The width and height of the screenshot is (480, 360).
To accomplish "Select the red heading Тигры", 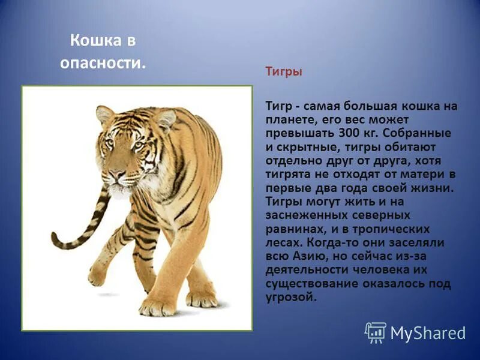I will pos(284,71).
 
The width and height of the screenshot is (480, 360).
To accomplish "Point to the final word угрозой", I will pos(290,297).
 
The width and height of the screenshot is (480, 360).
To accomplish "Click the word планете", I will pos(287,119).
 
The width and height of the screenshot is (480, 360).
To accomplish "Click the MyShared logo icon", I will pos(376,332).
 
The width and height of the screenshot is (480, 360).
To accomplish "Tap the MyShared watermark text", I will pos(428,333).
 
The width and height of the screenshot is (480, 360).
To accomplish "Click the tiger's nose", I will pos(116,173).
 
